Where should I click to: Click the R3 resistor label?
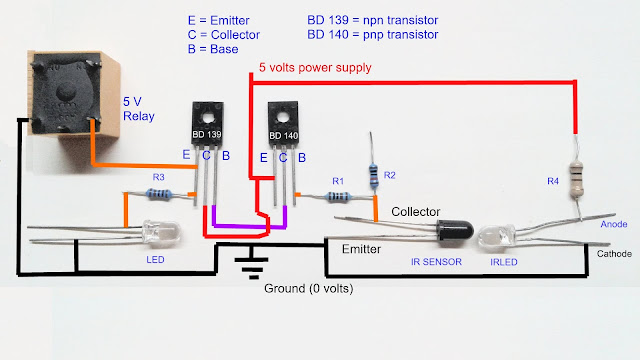[x=158, y=177]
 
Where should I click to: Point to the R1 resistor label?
[x=339, y=180]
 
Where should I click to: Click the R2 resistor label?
[x=390, y=175]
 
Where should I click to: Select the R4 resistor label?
[x=553, y=180]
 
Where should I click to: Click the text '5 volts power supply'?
[x=315, y=68]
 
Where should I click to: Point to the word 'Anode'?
[x=614, y=225]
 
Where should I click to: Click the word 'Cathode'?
[x=614, y=254]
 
